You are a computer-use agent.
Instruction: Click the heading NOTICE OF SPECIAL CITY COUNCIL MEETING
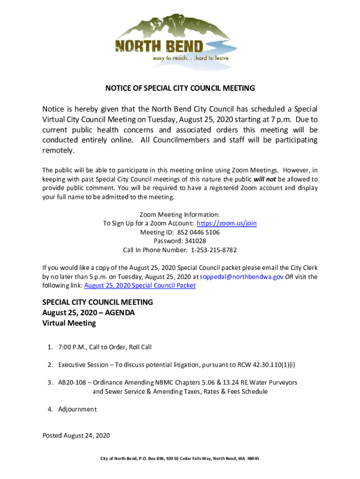point(180,88)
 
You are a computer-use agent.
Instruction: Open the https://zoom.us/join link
point(226,223)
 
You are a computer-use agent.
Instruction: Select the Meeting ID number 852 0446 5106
point(198,232)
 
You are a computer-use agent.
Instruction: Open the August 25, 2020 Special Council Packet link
point(140,285)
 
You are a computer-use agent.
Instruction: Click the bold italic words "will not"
point(265,179)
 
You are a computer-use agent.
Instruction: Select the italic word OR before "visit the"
point(290,276)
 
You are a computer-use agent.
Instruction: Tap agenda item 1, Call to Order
point(105,347)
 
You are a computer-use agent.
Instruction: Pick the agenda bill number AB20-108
point(73,382)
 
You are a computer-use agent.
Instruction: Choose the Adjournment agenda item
point(77,409)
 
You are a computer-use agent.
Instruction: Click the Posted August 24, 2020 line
point(76,435)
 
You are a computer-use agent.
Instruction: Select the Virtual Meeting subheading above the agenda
point(69,323)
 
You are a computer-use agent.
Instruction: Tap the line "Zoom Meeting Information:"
point(180,214)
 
